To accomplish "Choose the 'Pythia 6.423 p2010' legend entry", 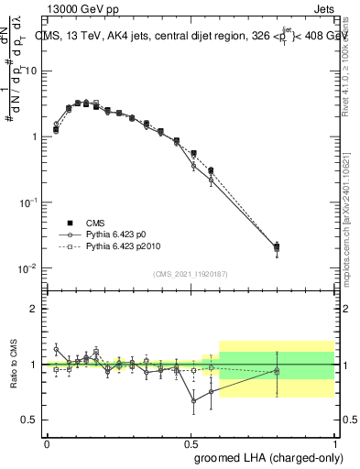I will pos(104,246).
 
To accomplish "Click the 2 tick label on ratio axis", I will pos(35,309).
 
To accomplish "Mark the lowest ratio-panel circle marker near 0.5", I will pos(193,400).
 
